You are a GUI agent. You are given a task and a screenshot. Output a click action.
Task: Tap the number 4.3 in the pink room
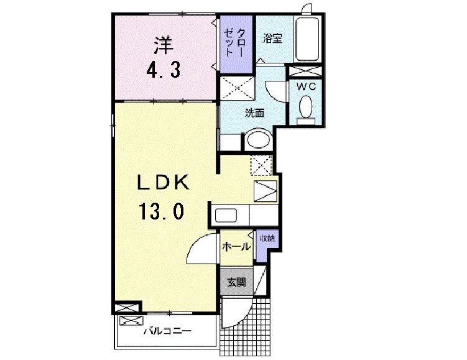click(163, 69)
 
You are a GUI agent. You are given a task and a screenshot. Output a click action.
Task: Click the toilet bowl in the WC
click(306, 108)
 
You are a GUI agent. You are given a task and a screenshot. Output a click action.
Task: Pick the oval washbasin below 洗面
click(257, 139)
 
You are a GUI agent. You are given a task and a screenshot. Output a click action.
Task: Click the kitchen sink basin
click(226, 217)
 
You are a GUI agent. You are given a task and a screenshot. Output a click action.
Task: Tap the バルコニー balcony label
click(167, 331)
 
